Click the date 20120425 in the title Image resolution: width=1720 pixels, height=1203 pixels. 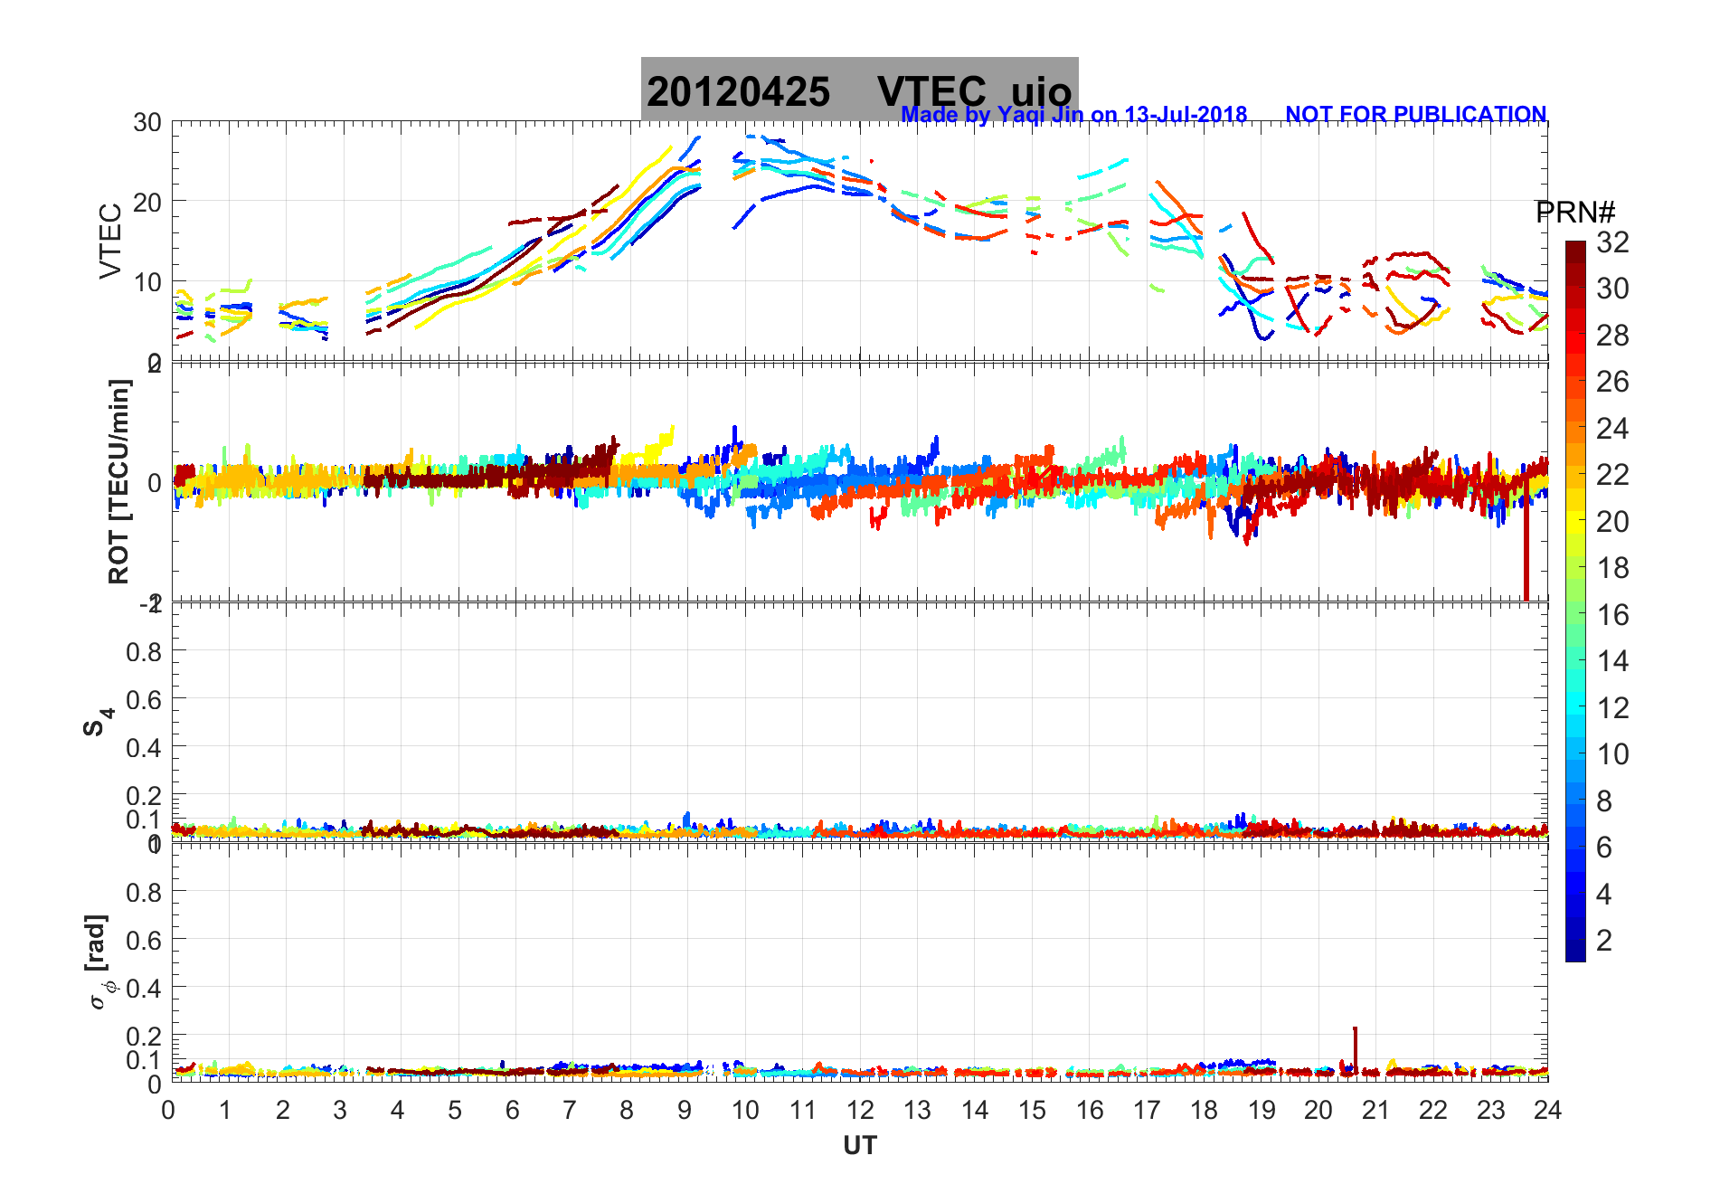(x=738, y=92)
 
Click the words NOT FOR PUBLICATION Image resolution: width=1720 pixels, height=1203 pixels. (x=1415, y=115)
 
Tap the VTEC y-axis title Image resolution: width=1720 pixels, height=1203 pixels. (x=110, y=241)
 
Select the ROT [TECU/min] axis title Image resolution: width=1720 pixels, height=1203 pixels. (x=118, y=481)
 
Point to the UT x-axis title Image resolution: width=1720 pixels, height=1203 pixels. (x=859, y=1146)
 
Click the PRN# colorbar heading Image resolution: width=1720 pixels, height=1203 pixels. (x=1574, y=213)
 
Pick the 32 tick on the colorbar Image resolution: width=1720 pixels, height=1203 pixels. (x=1612, y=242)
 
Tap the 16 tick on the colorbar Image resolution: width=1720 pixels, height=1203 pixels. (x=1612, y=615)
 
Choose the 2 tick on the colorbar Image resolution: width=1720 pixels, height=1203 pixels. (x=1604, y=941)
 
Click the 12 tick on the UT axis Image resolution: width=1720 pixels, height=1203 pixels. (x=859, y=1110)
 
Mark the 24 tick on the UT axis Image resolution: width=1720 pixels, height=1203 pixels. (x=1547, y=1110)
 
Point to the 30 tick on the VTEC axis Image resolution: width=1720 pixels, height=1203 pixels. (x=147, y=123)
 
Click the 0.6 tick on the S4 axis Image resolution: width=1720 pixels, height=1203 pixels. (x=144, y=699)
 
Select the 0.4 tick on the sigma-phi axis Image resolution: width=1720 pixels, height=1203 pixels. (x=144, y=988)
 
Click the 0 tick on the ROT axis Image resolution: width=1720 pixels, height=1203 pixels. (x=155, y=482)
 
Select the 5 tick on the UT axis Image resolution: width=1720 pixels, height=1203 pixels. (x=455, y=1110)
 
